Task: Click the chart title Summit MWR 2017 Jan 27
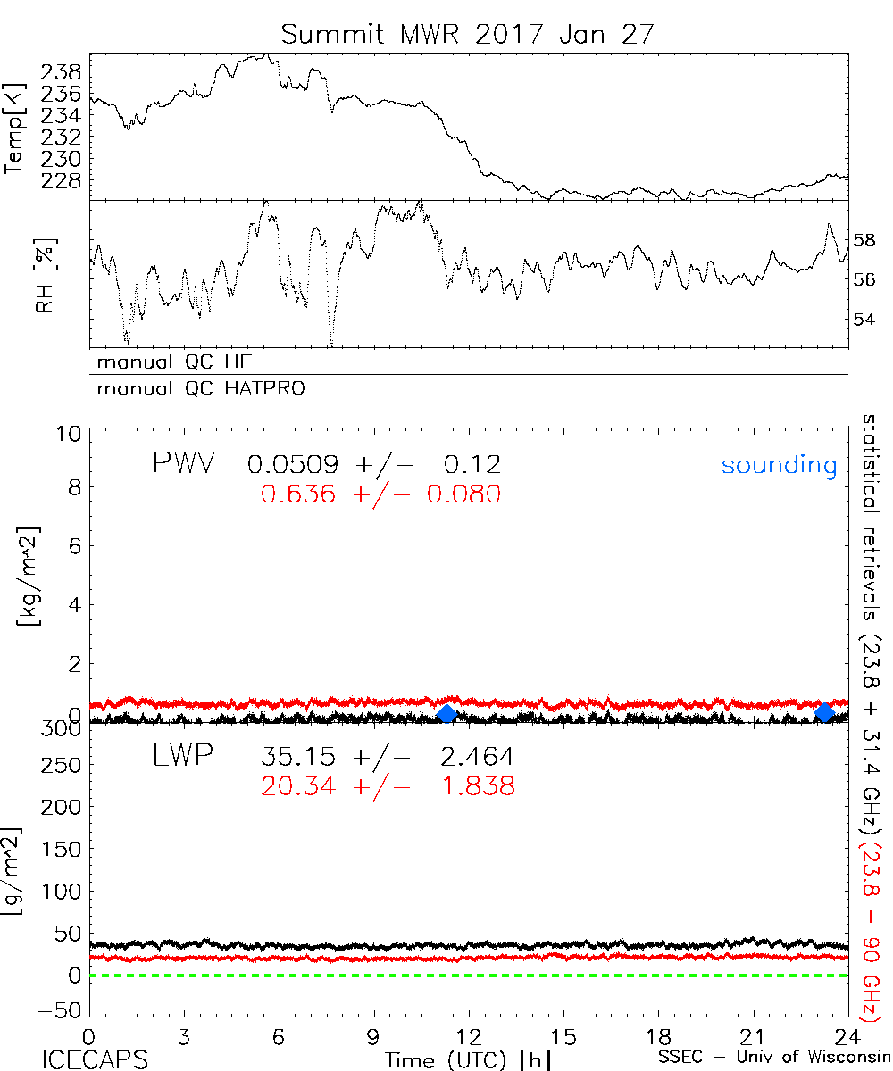[468, 35]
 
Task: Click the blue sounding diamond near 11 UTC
[447, 713]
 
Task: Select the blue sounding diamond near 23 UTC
[824, 712]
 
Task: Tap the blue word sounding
[779, 465]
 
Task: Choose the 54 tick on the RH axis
[866, 319]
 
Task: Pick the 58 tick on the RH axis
[866, 240]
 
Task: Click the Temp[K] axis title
[16, 130]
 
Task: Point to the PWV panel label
[185, 464]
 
